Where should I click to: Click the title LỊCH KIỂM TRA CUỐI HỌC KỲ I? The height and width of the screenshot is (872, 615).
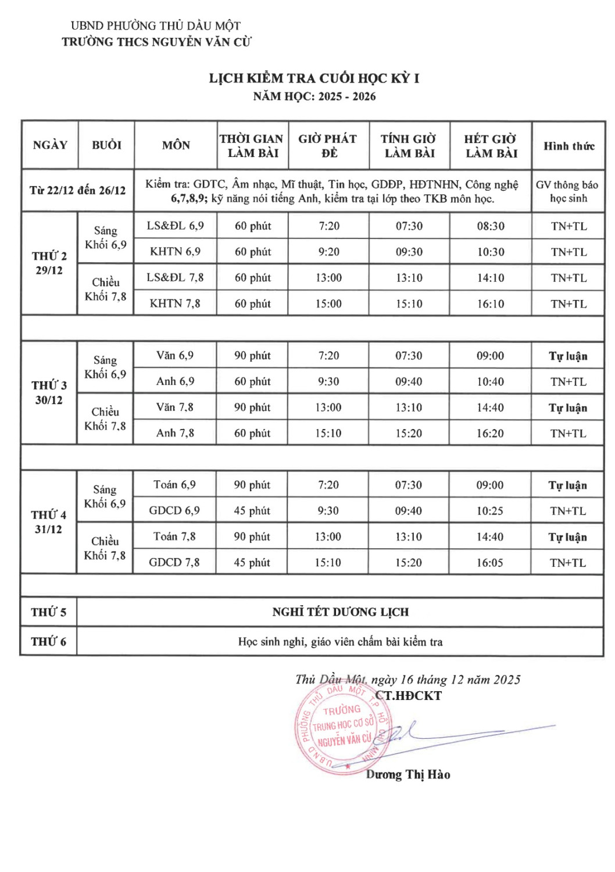(314, 78)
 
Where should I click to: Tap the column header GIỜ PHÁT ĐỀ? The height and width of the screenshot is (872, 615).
(328, 146)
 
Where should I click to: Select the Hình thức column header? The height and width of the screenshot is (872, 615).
(568, 146)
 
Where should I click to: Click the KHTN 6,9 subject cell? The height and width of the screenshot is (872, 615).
(175, 252)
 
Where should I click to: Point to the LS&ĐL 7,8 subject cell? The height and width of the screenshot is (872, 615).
(175, 278)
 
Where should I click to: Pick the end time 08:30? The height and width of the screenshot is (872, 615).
(491, 226)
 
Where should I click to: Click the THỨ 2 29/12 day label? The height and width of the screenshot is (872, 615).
(49, 263)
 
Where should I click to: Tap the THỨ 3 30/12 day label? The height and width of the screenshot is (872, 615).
(49, 393)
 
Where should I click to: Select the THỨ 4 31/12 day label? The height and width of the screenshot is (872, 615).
(48, 522)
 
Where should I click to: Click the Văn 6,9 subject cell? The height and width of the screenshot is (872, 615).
(175, 355)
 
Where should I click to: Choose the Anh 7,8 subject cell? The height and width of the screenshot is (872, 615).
(175, 433)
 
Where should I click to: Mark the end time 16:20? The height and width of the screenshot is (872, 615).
(490, 433)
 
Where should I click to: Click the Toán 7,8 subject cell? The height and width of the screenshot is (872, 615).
(174, 537)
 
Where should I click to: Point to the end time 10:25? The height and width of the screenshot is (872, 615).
(490, 511)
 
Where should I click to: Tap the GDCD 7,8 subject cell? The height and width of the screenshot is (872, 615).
(174, 563)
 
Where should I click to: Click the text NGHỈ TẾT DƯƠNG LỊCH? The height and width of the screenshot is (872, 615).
(340, 612)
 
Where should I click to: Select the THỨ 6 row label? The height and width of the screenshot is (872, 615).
(48, 642)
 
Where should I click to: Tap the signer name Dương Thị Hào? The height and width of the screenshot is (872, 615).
(408, 775)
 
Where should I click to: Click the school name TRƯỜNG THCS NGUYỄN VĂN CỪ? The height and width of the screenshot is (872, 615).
(156, 42)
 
